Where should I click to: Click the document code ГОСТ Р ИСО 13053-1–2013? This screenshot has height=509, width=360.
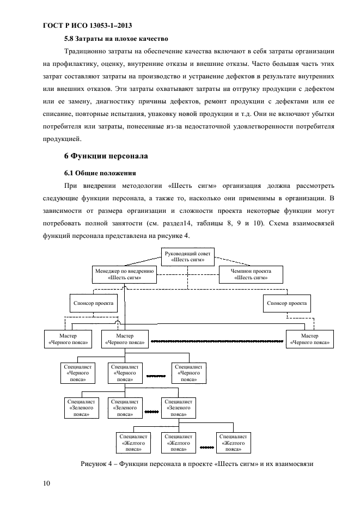[x=87, y=26]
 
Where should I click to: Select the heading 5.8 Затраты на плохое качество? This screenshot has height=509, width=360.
[x=115, y=39]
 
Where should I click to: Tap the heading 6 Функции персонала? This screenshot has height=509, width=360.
[x=106, y=156]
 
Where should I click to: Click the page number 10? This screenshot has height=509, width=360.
[x=46, y=483]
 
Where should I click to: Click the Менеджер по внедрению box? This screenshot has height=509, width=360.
[x=125, y=274]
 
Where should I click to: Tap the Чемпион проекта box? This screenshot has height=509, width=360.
[x=251, y=274]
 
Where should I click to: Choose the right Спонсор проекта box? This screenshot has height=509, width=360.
[x=285, y=302]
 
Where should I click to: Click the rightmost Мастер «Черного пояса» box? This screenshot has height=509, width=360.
[x=310, y=339]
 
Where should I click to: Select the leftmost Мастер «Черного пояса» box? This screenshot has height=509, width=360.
[x=68, y=339]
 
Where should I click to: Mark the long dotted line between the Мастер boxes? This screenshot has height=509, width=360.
[x=217, y=342]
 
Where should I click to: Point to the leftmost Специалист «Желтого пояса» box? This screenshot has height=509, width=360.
[x=133, y=443]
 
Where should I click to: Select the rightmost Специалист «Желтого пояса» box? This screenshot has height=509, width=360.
[x=234, y=443]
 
